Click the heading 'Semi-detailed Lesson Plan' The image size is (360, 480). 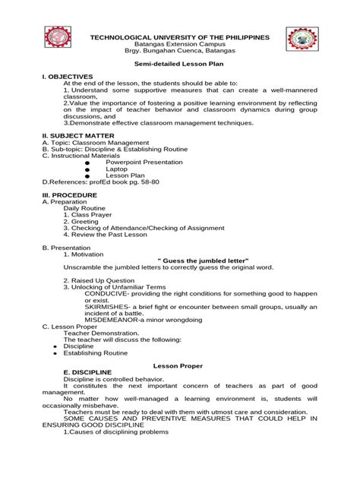(x=180, y=66)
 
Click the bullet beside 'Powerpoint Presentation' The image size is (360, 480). (x=88, y=163)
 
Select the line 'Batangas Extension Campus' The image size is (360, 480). (x=180, y=43)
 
